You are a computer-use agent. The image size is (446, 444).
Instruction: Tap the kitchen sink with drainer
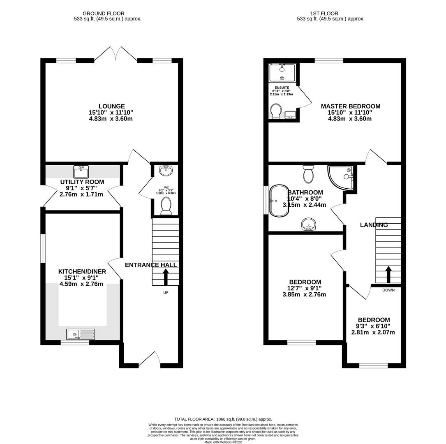[x=81, y=334]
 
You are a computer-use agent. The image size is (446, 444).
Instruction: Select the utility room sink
[x=81, y=171]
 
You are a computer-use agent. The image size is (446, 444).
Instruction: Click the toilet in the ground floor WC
[x=166, y=206]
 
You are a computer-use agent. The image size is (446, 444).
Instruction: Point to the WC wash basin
[x=166, y=171]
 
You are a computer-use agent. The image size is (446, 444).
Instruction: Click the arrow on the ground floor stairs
[x=166, y=277]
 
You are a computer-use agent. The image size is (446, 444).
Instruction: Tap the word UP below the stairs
[x=166, y=292]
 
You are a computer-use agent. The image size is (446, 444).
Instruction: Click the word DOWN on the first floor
[x=388, y=290]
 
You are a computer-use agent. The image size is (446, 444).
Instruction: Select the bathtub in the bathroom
[x=279, y=201]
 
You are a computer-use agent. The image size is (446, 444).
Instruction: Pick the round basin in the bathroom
[x=308, y=224]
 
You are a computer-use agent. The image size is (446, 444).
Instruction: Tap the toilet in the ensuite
[x=275, y=111]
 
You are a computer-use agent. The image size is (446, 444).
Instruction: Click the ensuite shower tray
[x=282, y=73]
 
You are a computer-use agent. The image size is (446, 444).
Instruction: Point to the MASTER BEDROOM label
[x=350, y=106]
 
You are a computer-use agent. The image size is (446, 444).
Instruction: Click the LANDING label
[x=374, y=225]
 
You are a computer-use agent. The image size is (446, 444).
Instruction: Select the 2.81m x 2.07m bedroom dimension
[x=373, y=332]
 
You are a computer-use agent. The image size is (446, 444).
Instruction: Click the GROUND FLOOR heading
[x=104, y=14]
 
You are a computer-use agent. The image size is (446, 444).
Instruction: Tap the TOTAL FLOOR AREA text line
[x=223, y=419]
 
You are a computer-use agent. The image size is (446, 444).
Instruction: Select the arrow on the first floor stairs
[x=388, y=275]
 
